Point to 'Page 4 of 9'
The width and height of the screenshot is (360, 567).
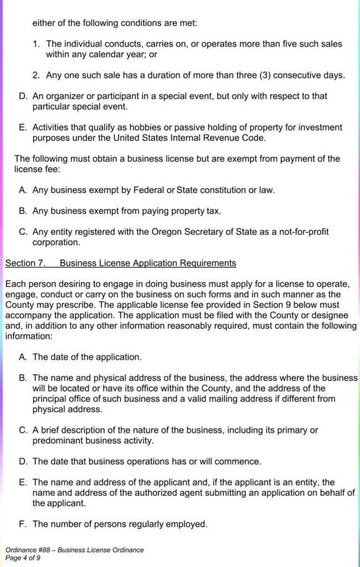tap(24, 558)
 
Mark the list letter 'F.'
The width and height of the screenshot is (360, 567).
tap(23, 523)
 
